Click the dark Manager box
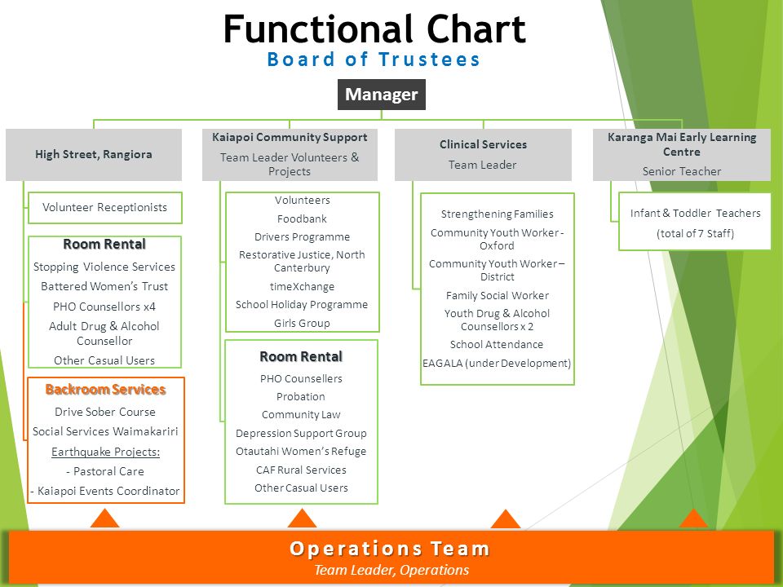[x=382, y=95]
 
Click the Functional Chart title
[x=374, y=29]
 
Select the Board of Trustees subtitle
[x=374, y=60]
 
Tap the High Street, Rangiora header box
[x=94, y=155]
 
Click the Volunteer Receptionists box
[x=105, y=208]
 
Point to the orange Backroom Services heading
[x=105, y=390]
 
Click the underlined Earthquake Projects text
[x=105, y=452]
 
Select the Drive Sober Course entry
[x=105, y=412]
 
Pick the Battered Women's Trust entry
[x=104, y=286]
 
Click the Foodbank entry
[x=302, y=218]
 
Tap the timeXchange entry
[x=302, y=286]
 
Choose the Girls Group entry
[x=302, y=324]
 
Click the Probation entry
[x=301, y=397]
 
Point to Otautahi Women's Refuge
[x=301, y=451]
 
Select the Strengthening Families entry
[x=498, y=214]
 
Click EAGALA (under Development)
[x=497, y=364]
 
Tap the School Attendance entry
[x=497, y=344]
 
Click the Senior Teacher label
[x=682, y=171]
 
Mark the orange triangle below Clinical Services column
[x=506, y=519]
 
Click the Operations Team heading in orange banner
[x=390, y=549]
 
